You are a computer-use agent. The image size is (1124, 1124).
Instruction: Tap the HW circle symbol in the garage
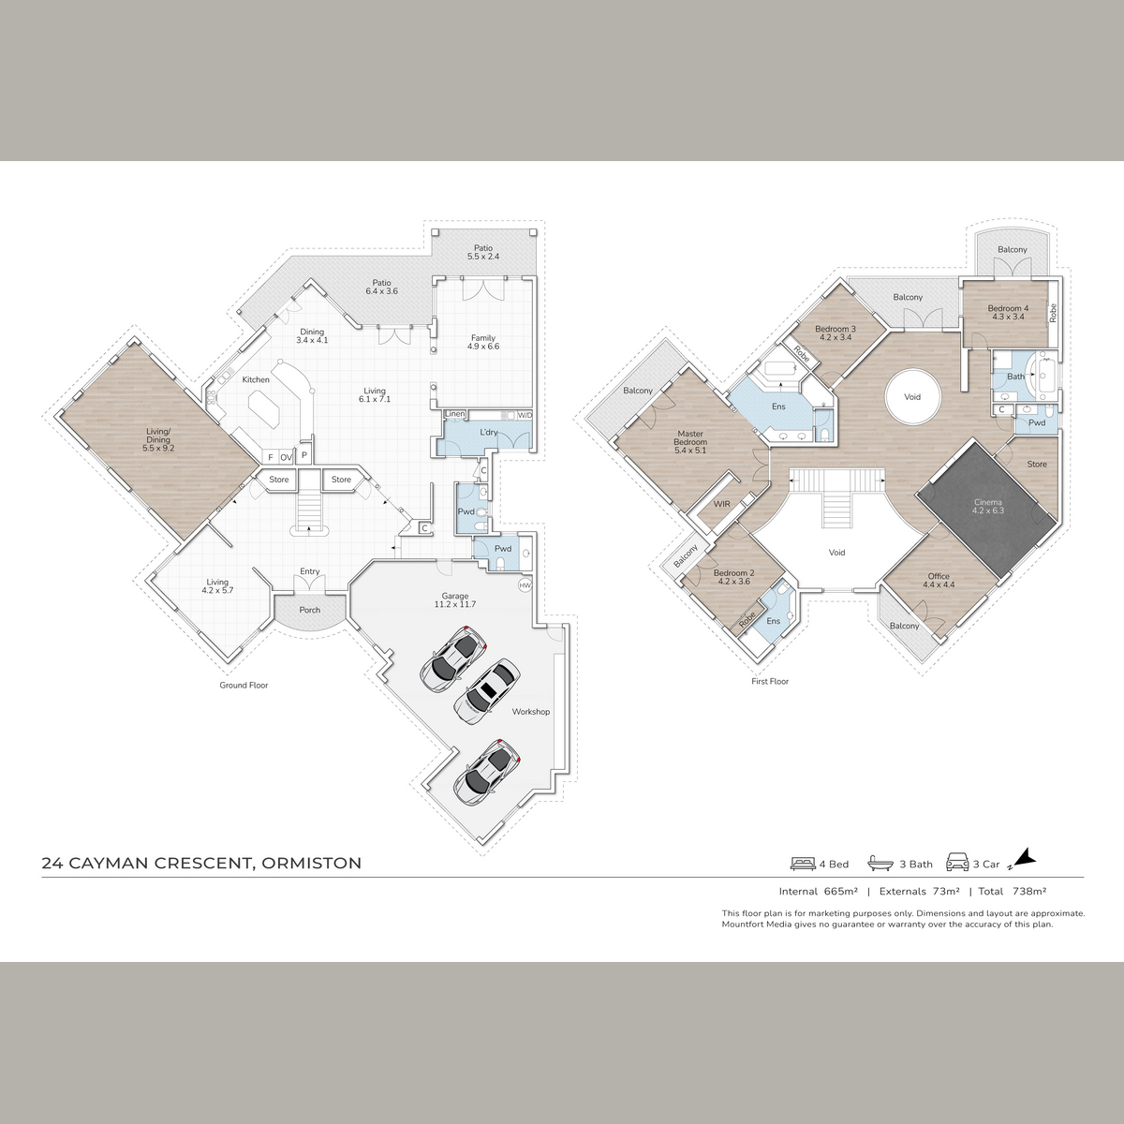[525, 585]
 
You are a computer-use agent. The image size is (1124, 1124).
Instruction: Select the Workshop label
[531, 712]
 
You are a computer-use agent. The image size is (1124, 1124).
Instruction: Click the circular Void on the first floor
[913, 396]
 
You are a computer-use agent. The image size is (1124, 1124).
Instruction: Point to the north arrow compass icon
[1026, 873]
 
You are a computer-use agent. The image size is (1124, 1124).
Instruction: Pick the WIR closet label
[722, 504]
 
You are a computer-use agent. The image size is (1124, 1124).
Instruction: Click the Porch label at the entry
[310, 610]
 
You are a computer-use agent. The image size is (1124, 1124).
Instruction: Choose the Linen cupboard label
[455, 414]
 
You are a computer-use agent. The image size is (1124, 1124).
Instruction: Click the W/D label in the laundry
[525, 415]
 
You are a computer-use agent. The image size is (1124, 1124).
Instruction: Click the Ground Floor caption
[244, 686]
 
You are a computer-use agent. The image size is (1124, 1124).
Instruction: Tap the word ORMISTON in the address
[312, 864]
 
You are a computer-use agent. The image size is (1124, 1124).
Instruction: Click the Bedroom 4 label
[1009, 313]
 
